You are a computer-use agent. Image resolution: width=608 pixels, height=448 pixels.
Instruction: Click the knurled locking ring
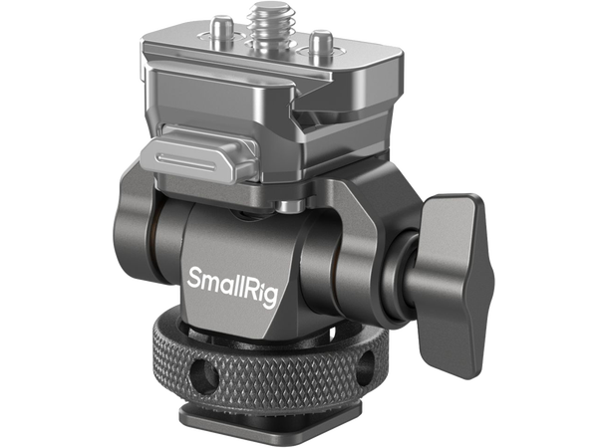[299, 364]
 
